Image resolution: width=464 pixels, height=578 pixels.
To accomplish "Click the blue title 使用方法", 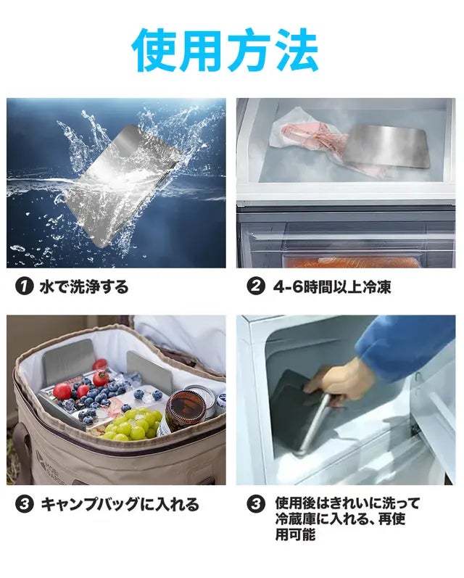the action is pyautogui.click(x=225, y=51).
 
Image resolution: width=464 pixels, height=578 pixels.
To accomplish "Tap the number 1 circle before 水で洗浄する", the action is pyautogui.click(x=24, y=286).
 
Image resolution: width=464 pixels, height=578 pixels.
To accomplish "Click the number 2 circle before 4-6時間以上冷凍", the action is pyautogui.click(x=256, y=286).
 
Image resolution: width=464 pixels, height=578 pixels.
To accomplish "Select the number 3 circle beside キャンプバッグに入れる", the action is pyautogui.click(x=24, y=504).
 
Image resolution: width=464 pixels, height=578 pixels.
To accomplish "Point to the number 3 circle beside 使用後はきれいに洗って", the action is pyautogui.click(x=256, y=504).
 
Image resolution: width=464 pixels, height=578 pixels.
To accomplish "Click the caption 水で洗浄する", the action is pyautogui.click(x=84, y=286).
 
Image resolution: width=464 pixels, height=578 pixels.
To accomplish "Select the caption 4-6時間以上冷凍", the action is pyautogui.click(x=332, y=286).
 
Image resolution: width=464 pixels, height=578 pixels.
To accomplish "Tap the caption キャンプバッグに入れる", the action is pyautogui.click(x=120, y=504).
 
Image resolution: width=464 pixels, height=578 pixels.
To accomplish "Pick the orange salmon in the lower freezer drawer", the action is pyautogui.click(x=354, y=262).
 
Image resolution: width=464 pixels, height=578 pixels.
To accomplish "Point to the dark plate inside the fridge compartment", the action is pyautogui.click(x=299, y=409).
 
